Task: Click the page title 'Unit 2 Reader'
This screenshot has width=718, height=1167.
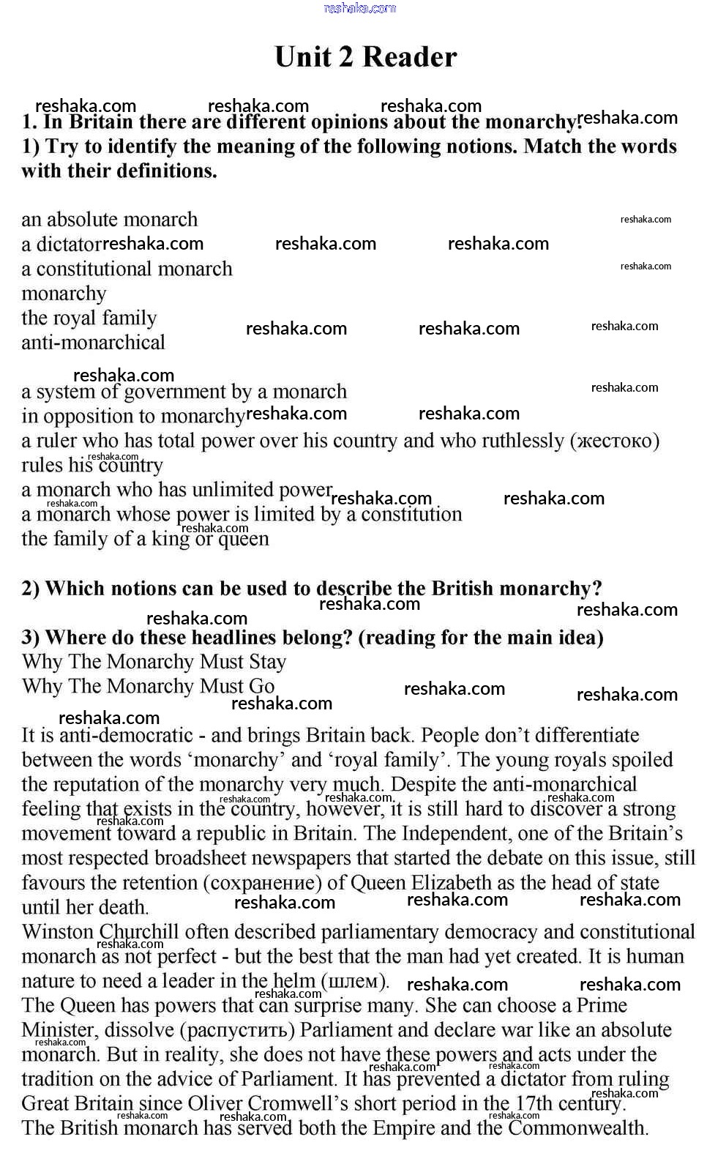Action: (x=365, y=57)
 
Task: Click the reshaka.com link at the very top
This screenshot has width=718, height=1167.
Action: (x=359, y=8)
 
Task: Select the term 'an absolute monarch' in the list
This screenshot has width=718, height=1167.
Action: (x=109, y=220)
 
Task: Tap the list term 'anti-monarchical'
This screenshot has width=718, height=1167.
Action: (x=93, y=343)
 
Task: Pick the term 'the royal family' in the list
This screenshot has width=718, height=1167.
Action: (x=89, y=318)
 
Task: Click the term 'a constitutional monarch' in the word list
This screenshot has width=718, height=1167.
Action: (x=127, y=269)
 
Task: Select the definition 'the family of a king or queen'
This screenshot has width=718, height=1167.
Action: (x=145, y=539)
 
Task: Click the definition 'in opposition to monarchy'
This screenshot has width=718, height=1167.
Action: (x=132, y=417)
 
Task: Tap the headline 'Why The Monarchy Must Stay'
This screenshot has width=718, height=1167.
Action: (x=154, y=662)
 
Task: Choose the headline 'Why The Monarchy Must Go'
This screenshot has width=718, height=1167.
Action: (x=148, y=687)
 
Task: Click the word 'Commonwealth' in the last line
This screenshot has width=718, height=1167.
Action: (x=578, y=1128)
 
